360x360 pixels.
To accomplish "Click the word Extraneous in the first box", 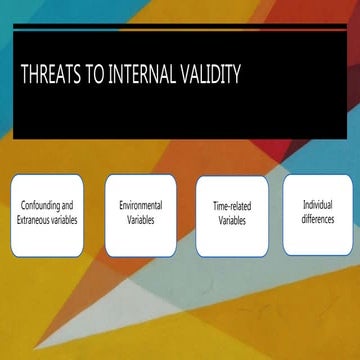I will point(36,219).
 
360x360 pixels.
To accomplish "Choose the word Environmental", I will point(140,205).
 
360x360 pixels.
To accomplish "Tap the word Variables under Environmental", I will point(140,219).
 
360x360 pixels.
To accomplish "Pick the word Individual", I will point(317,204).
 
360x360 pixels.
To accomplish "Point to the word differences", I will point(317,218).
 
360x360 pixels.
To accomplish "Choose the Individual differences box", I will point(317,213).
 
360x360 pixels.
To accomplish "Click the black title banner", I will point(180,100).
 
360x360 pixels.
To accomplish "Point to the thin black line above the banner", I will point(180,25).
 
